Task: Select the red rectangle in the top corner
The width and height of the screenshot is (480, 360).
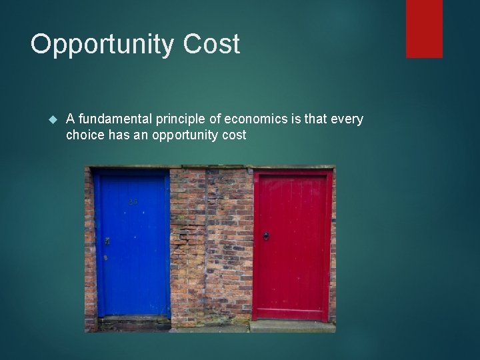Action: (x=424, y=28)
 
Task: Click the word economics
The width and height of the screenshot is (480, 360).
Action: (x=253, y=119)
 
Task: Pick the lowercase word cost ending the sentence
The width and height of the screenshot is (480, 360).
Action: (x=235, y=135)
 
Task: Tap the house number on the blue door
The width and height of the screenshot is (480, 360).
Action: (x=133, y=201)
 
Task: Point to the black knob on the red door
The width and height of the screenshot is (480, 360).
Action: (x=265, y=236)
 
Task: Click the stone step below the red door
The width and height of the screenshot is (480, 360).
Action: (x=291, y=325)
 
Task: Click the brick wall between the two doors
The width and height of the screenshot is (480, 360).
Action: (x=210, y=247)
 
